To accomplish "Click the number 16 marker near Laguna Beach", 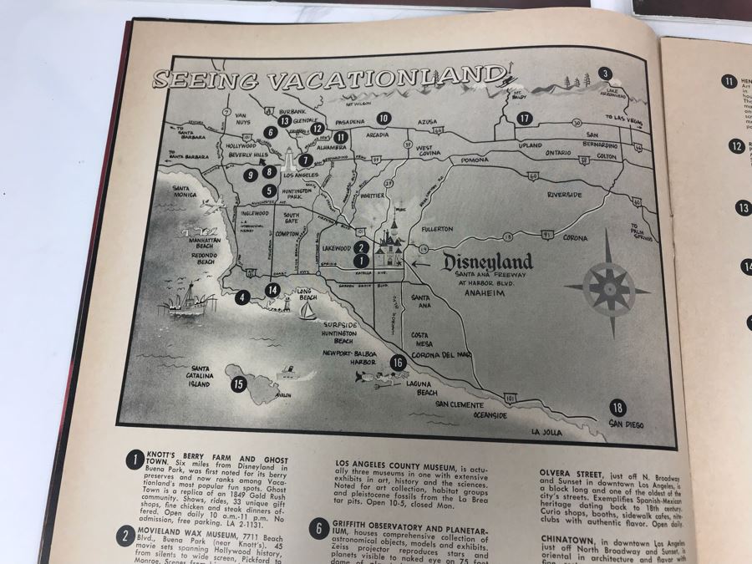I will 399,363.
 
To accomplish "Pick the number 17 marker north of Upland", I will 524,118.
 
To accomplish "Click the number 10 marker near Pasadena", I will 384,118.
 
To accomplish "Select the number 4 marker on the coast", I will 242,296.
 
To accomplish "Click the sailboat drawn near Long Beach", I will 307,312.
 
